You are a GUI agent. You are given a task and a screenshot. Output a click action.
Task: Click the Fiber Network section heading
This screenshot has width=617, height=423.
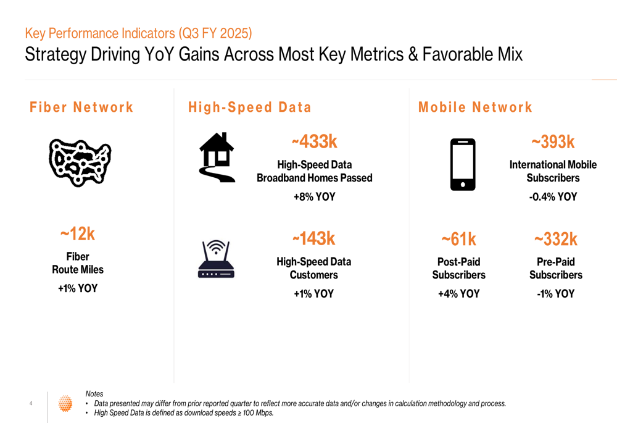coord(81,107)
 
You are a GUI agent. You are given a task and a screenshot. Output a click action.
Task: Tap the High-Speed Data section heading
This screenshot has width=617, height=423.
coord(250,107)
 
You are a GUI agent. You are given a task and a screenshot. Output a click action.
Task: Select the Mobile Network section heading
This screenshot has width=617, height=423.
coord(475,107)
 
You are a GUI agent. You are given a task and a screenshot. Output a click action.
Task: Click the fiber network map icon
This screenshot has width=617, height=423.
coord(80,162)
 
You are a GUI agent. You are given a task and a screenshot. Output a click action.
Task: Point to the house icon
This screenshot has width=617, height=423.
coord(217,157)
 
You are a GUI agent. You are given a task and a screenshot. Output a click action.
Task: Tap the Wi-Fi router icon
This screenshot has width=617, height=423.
coord(216,259)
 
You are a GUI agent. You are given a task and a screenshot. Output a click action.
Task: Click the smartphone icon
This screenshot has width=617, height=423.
coord(463,164)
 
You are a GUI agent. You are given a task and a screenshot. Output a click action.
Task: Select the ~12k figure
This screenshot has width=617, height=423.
coord(78,235)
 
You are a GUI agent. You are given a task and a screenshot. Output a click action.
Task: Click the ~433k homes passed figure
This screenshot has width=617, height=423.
coord(314,142)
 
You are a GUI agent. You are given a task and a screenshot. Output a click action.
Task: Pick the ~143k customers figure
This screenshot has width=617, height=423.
coord(313,238)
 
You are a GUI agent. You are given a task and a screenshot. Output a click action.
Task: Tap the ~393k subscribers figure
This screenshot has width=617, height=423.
coord(553,143)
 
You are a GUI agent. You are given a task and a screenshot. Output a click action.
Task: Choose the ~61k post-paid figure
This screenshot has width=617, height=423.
coord(458,239)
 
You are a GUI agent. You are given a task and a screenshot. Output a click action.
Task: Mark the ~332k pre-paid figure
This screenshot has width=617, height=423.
coord(555,239)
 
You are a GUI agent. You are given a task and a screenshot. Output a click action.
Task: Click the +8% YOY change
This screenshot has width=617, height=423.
coord(314,198)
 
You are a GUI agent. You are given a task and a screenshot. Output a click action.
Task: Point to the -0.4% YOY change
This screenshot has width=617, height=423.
coord(553,197)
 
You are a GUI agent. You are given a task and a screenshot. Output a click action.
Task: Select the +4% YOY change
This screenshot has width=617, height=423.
coord(458,294)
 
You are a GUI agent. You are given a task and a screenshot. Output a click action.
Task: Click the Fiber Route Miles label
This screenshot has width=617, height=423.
coord(78,263)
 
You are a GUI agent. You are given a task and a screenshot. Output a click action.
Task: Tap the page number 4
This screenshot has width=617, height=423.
coord(31,404)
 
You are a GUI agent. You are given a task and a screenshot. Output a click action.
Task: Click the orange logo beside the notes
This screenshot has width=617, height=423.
coord(65,403)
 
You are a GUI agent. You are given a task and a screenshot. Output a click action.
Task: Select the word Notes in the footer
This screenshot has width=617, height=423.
coord(94,394)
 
